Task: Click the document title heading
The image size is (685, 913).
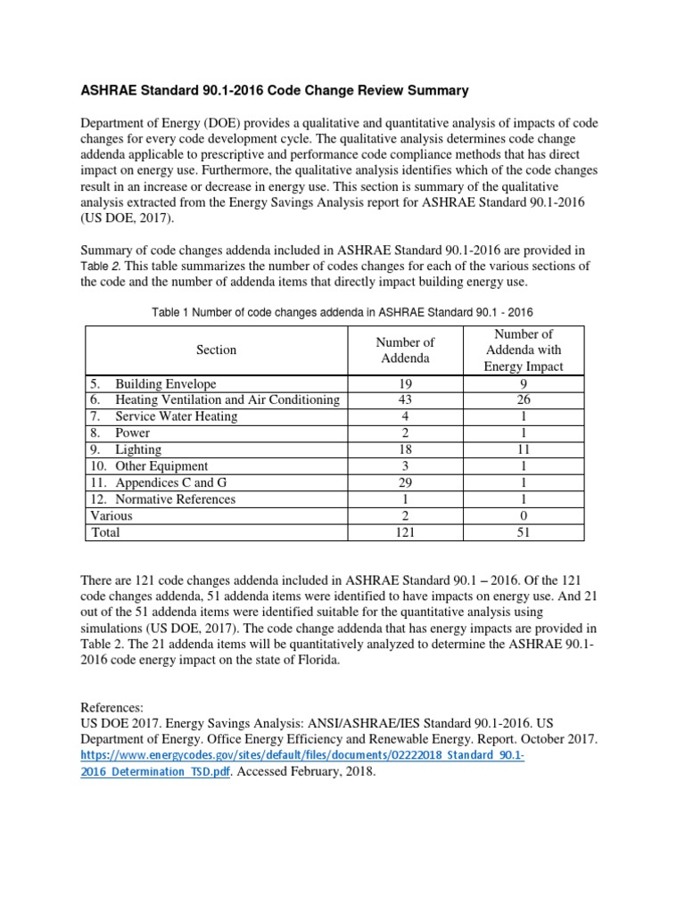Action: point(275,91)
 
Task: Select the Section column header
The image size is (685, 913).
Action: point(216,350)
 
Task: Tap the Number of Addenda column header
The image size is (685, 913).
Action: point(405,350)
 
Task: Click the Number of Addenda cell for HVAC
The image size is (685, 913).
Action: point(405,400)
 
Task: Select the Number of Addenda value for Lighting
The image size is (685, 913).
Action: point(405,449)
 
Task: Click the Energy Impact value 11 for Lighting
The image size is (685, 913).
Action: point(523,449)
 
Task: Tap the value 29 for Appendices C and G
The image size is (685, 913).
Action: point(405,482)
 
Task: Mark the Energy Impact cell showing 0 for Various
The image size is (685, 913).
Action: point(523,515)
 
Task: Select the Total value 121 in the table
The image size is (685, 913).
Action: point(405,532)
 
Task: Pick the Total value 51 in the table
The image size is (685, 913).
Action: point(523,532)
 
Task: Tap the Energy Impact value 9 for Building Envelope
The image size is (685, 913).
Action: point(523,384)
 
